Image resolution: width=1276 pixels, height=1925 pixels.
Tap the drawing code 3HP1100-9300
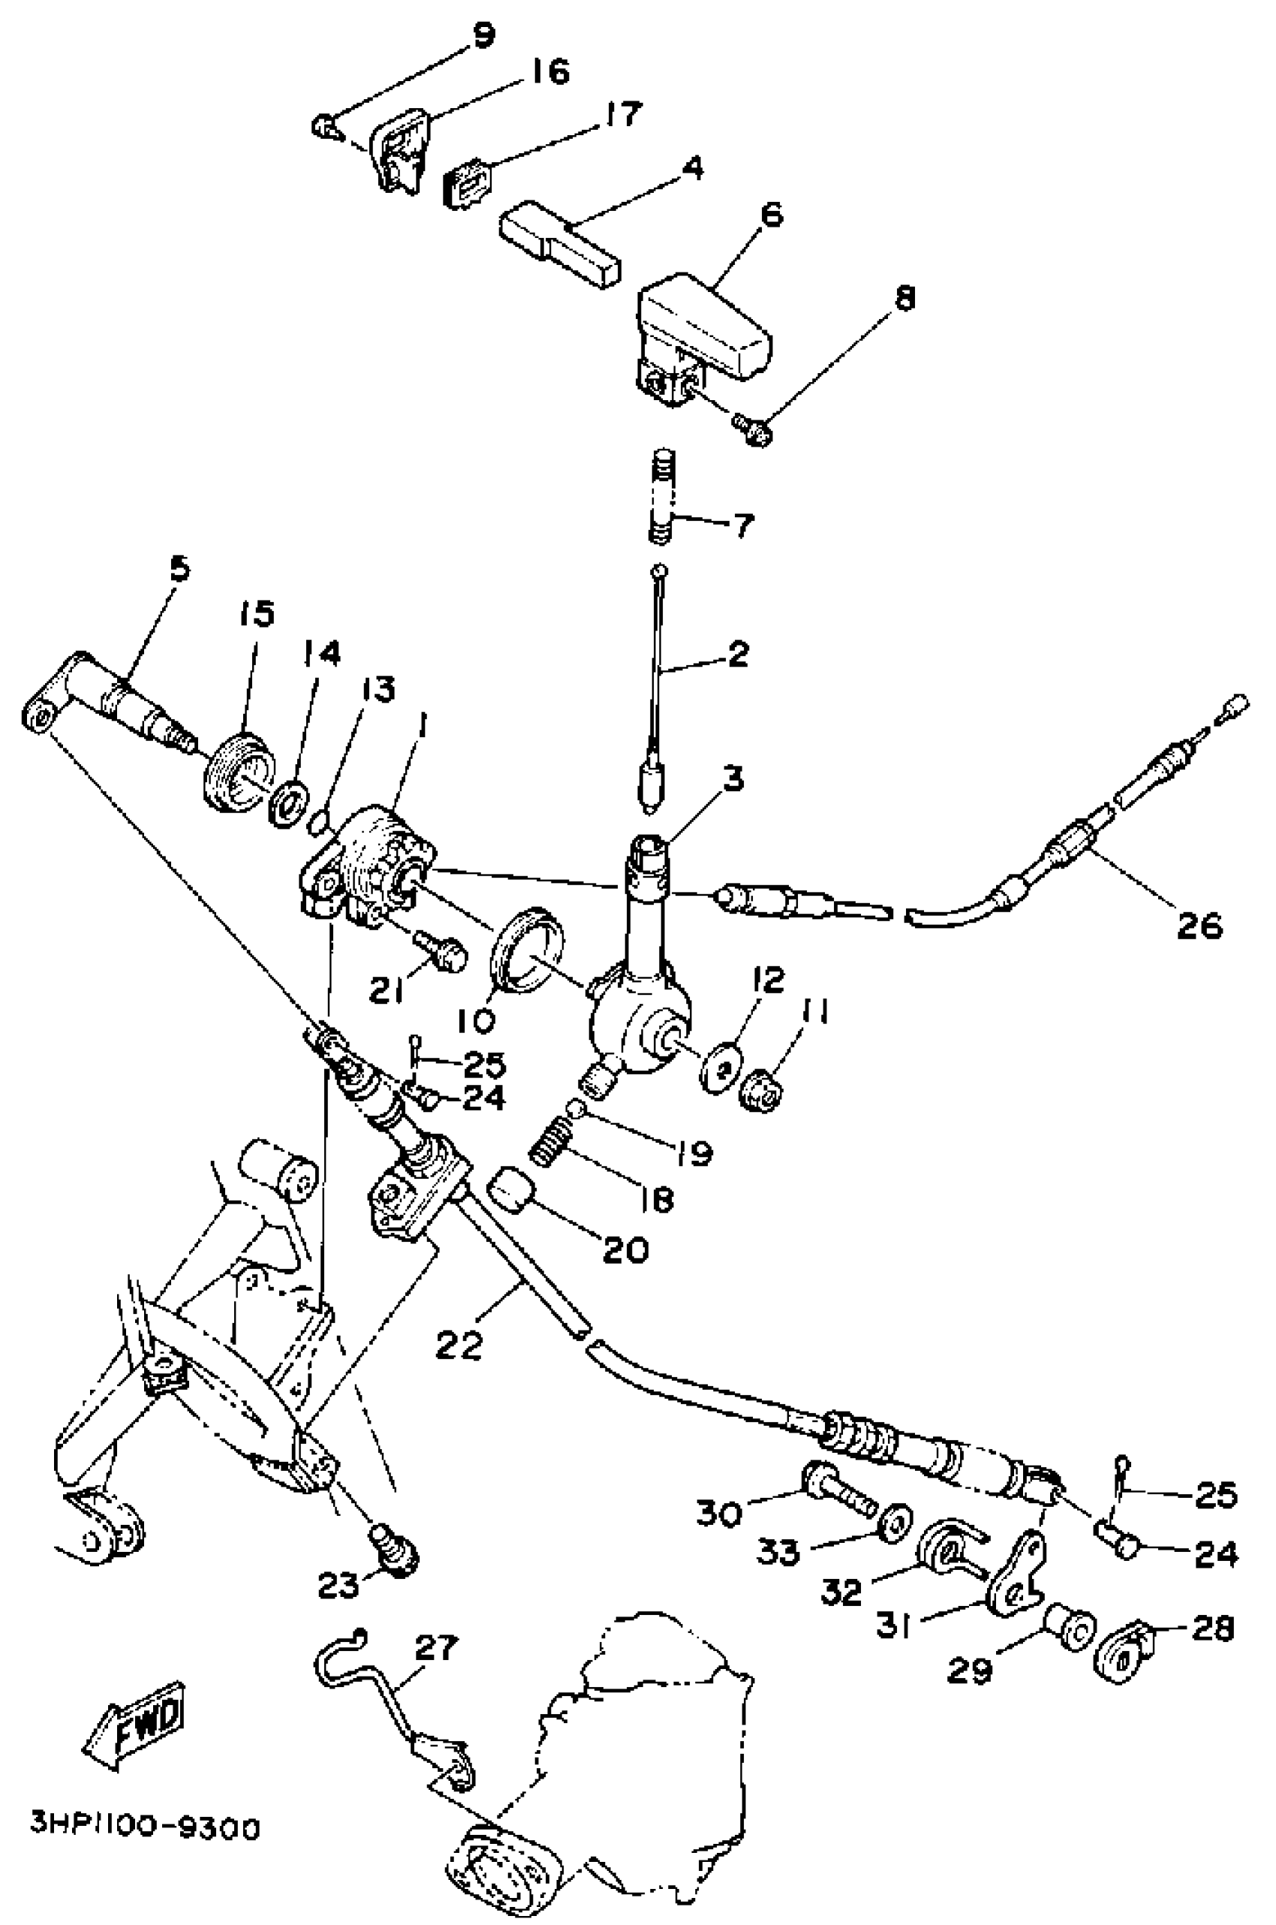click(x=145, y=1827)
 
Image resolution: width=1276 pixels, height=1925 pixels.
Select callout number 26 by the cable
click(x=1199, y=925)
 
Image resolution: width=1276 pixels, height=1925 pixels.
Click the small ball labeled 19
click(x=577, y=1107)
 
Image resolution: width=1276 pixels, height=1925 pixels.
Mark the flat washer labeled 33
click(x=896, y=1519)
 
